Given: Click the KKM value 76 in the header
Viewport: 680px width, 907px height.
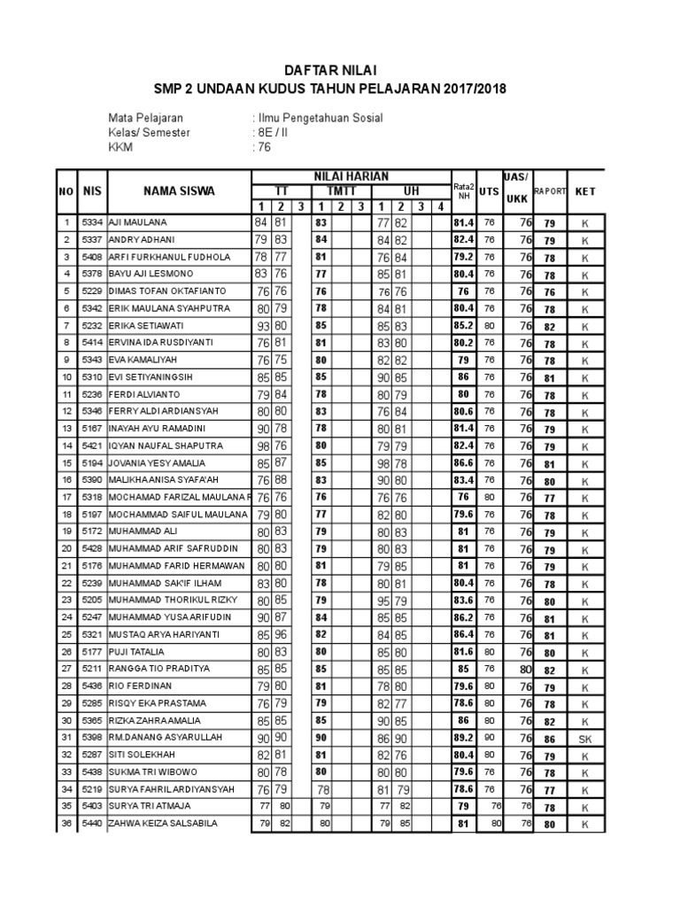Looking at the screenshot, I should [263, 148].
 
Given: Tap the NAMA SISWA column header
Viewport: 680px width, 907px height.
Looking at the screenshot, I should [180, 190].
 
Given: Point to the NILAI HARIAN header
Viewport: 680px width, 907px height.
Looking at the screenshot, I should [350, 175].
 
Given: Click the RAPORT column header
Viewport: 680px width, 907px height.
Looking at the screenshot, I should [549, 190].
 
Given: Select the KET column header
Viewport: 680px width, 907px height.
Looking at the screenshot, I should [585, 190].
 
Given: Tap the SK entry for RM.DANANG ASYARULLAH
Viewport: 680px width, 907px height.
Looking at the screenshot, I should [585, 738].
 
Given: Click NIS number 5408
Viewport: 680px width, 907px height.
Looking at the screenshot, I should [92, 257].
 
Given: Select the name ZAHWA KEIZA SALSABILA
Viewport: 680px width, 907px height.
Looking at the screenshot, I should [164, 824].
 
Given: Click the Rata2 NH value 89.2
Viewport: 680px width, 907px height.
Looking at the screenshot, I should [463, 738].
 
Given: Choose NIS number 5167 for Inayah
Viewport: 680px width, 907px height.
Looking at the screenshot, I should [92, 429].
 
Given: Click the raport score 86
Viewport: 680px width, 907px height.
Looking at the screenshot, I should [549, 738].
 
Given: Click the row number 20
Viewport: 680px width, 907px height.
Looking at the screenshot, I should [65, 548].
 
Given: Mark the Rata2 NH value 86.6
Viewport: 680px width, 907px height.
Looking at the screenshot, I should [463, 463].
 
